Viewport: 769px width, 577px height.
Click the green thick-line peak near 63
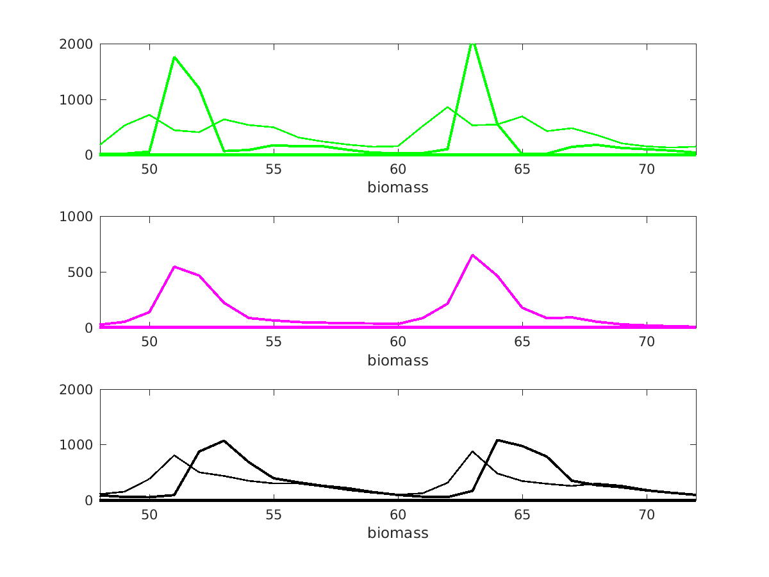coord(472,44)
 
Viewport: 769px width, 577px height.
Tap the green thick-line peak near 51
coord(174,57)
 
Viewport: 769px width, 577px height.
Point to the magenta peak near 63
coord(472,255)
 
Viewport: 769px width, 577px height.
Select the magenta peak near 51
coord(174,267)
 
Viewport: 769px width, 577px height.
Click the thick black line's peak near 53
coord(224,440)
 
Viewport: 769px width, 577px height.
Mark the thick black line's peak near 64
coord(497,440)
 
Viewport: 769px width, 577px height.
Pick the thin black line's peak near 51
coord(174,455)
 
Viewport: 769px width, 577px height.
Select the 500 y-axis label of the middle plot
coord(81,272)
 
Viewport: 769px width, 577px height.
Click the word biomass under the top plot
coord(397,188)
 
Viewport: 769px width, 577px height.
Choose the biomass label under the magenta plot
coord(397,360)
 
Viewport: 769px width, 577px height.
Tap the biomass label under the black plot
coord(397,533)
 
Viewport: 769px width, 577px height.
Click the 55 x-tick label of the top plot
coord(274,169)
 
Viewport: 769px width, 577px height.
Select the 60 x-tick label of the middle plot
coord(398,342)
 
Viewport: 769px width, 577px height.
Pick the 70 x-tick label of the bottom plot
coord(647,514)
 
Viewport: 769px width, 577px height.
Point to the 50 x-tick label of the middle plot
coord(149,342)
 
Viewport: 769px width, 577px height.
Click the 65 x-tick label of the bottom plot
coord(522,514)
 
